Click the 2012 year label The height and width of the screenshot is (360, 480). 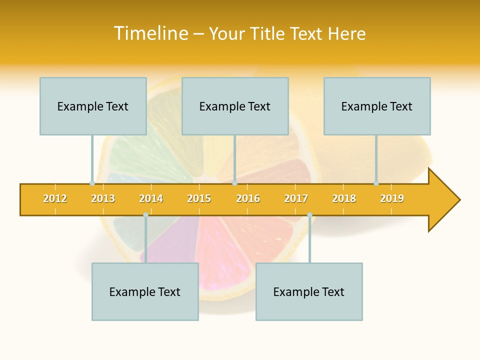(55, 198)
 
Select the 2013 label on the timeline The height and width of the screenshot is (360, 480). (103, 198)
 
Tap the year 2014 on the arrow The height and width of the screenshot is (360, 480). (151, 198)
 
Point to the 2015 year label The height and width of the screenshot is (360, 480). (199, 198)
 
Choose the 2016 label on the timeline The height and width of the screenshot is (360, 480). (248, 198)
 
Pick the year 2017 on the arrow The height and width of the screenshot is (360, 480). (296, 198)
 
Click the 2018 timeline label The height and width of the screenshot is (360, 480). (344, 198)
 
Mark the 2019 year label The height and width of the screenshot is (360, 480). (392, 198)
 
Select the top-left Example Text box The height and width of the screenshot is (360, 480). (93, 106)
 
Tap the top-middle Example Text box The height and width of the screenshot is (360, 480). (235, 106)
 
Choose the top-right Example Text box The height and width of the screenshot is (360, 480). (377, 106)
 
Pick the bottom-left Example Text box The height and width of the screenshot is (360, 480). (145, 291)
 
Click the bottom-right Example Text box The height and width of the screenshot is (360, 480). (309, 291)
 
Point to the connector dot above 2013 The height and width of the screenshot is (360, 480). (92, 183)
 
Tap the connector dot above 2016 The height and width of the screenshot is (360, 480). (234, 183)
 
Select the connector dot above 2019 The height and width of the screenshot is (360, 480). (376, 183)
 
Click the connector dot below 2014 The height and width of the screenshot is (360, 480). (145, 214)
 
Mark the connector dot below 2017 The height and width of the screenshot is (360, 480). (309, 214)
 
